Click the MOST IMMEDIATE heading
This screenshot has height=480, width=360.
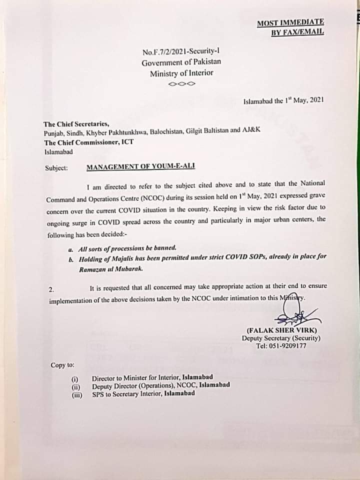pyautogui.click(x=290, y=22)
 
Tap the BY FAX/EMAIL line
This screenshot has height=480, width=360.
pyautogui.click(x=297, y=32)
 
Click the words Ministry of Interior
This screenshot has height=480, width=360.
pyautogui.click(x=181, y=73)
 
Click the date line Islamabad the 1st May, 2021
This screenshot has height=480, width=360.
pyautogui.click(x=283, y=100)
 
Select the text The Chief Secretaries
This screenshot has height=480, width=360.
pyautogui.click(x=76, y=124)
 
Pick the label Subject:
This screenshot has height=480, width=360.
pyautogui.click(x=56, y=168)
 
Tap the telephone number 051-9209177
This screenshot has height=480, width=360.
pyautogui.click(x=288, y=345)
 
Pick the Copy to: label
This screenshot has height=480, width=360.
pyautogui.click(x=62, y=365)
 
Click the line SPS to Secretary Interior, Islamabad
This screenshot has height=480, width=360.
pyautogui.click(x=143, y=393)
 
